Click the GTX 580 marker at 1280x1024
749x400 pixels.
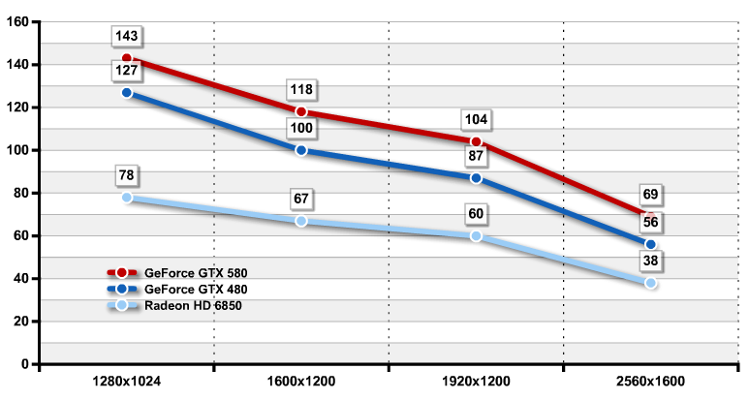click(x=127, y=59)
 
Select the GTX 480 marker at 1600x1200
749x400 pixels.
click(x=301, y=150)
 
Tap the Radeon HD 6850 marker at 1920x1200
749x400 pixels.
click(x=476, y=236)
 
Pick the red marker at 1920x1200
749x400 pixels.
click(x=476, y=142)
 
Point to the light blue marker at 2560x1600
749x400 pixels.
click(x=650, y=283)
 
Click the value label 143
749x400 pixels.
click(x=127, y=37)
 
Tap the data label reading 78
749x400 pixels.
click(x=127, y=175)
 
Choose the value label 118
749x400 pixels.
click(x=301, y=90)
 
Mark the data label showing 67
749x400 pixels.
click(x=301, y=199)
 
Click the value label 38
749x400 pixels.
click(x=650, y=262)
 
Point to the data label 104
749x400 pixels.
click(x=476, y=120)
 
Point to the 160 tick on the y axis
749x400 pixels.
click(x=19, y=22)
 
